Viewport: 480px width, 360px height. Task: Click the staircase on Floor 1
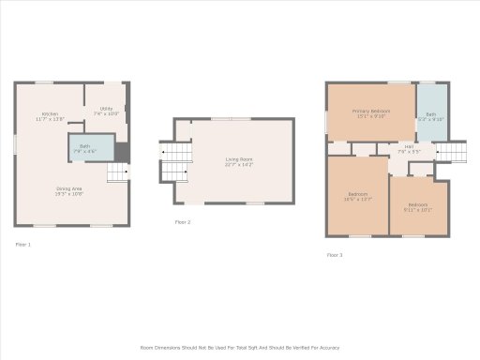[116, 173]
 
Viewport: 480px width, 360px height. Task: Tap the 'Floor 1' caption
[22, 245]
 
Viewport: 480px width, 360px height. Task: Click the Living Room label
[239, 159]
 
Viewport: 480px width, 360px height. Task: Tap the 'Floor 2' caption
[183, 222]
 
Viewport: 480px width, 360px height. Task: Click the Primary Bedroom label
[370, 112]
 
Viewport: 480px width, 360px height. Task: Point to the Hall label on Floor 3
[410, 146]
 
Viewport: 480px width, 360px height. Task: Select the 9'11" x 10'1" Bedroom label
[417, 205]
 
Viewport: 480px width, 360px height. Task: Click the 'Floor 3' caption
[335, 255]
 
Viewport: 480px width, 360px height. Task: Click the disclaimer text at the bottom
[240, 347]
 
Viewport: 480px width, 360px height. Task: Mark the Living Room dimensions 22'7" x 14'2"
[239, 165]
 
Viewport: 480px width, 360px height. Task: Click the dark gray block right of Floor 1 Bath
[121, 151]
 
